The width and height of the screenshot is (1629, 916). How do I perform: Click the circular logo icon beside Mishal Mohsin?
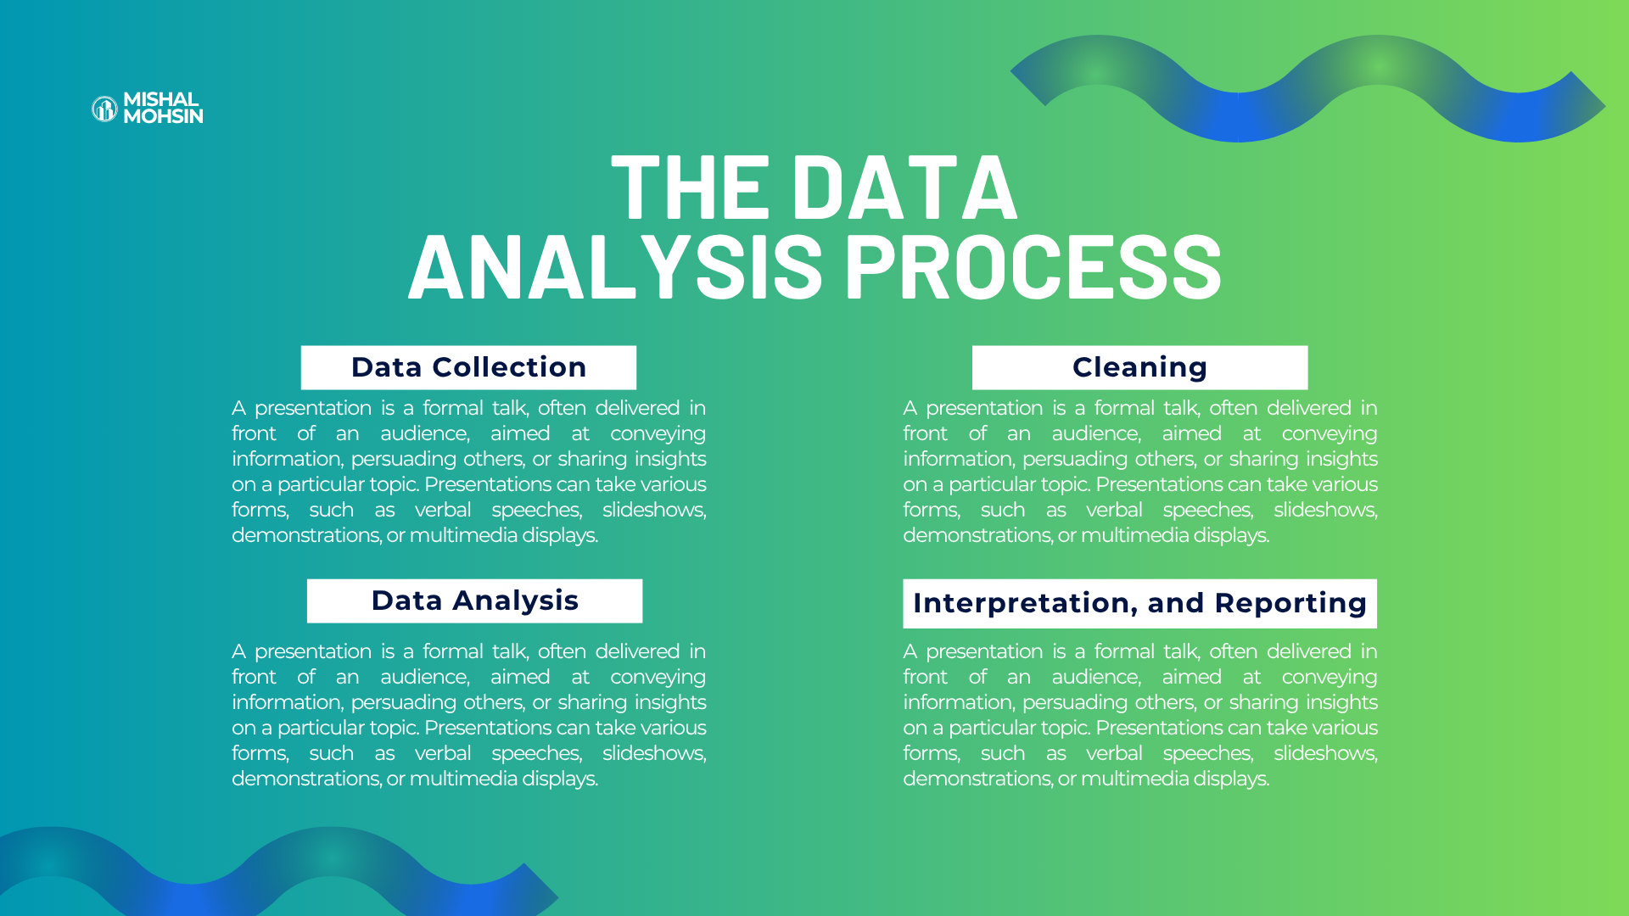tap(104, 109)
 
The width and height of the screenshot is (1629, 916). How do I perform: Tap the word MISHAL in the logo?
tap(161, 99)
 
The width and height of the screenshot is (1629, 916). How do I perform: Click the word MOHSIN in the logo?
tap(164, 116)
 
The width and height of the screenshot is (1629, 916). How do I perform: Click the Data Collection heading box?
tap(468, 367)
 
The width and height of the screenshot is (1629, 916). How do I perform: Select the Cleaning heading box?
tap(1139, 367)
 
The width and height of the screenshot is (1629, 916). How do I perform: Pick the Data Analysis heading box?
tap(474, 600)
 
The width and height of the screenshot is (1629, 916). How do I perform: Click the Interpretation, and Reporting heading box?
tap(1139, 603)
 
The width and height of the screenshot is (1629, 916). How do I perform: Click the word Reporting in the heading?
tap(1290, 603)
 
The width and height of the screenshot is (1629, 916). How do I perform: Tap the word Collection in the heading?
tap(509, 367)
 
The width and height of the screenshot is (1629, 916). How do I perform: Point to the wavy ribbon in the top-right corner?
tap(1307, 88)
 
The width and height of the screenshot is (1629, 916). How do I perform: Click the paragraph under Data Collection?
tap(469, 472)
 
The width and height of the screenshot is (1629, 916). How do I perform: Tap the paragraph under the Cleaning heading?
tap(1140, 472)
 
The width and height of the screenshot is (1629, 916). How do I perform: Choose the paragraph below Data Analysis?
tap(469, 715)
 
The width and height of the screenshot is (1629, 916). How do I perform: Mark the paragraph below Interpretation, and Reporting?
tap(1140, 715)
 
